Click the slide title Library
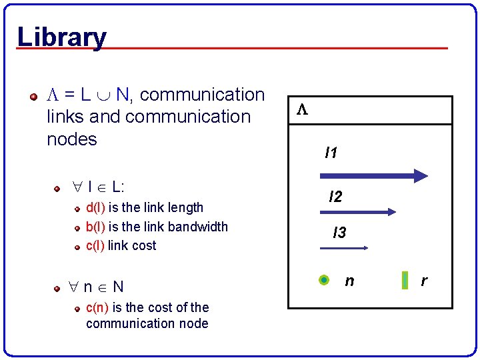tap(61, 37)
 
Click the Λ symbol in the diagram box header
tap(301, 110)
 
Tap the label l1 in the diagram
tap(331, 153)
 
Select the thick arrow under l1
tap(373, 176)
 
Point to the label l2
tap(335, 197)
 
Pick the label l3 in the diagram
tap(339, 233)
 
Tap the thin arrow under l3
tap(344, 248)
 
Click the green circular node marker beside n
tap(324, 281)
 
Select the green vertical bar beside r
tap(405, 281)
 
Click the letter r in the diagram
tap(423, 281)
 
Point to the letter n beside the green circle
tap(349, 281)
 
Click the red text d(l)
tap(96, 208)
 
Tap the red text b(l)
tap(96, 227)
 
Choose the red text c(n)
tap(98, 307)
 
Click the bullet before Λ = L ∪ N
tap(33, 97)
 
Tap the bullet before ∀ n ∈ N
tap(58, 289)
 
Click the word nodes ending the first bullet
tap(72, 139)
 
